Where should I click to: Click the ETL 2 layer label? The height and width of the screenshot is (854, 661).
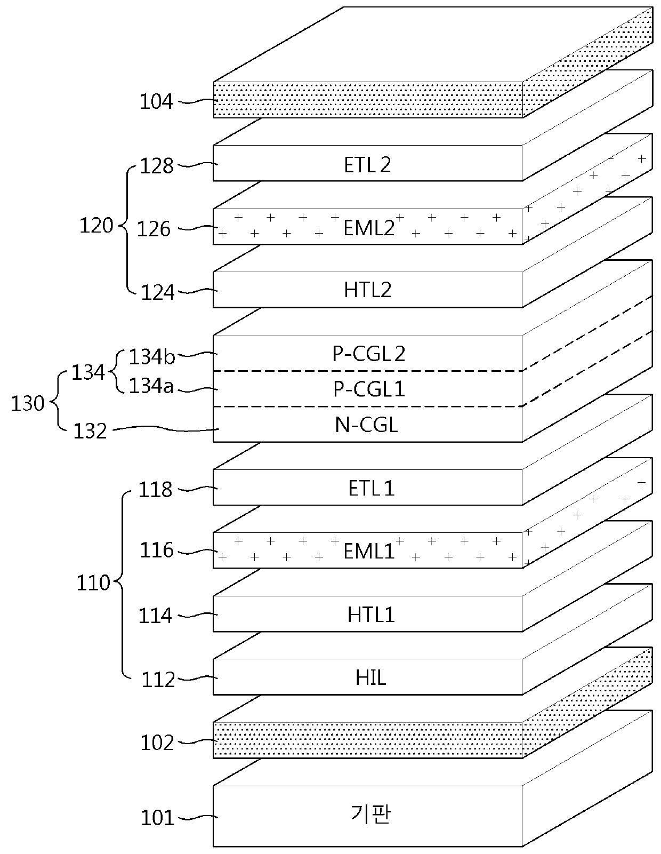tap(367, 164)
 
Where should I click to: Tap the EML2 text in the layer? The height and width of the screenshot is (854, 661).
tap(369, 228)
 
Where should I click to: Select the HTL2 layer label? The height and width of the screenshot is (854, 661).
tap(368, 290)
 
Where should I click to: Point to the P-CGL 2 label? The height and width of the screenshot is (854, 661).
tap(369, 354)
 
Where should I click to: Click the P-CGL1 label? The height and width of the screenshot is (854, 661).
tap(369, 389)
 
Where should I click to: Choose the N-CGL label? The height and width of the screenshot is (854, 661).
tap(367, 425)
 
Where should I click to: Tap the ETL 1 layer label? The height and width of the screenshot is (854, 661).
tap(371, 488)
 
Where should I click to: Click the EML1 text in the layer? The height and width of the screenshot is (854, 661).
tap(369, 551)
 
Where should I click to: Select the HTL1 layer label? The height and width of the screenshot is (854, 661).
tap(371, 615)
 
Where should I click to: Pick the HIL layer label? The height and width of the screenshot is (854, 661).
tap(371, 678)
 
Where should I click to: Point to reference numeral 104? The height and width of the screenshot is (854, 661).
tap(157, 101)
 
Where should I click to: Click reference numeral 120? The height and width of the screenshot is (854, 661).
tap(96, 226)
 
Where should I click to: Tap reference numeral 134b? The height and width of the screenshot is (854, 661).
tap(152, 357)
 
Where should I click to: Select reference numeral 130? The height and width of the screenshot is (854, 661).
tap(28, 403)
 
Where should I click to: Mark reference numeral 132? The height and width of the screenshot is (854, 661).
tap(91, 431)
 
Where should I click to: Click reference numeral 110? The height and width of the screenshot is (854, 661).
tap(93, 583)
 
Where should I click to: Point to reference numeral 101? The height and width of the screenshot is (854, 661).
tap(157, 818)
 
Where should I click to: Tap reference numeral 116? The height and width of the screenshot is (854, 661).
tap(157, 550)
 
